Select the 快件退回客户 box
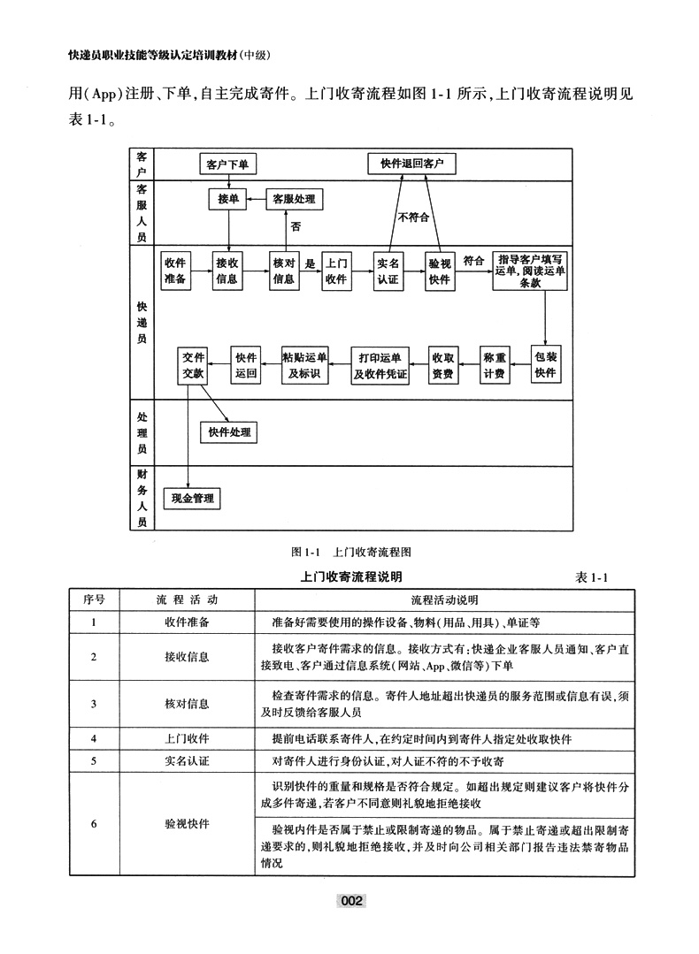tap(411, 164)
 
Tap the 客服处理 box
tap(295, 200)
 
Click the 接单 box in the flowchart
tap(228, 200)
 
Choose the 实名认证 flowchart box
tap(388, 271)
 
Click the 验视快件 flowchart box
tap(439, 271)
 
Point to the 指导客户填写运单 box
tap(530, 271)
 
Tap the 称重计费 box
tap(495, 365)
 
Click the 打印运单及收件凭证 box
tap(380, 365)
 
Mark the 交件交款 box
tap(193, 365)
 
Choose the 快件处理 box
tap(229, 432)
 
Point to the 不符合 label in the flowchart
tap(412, 218)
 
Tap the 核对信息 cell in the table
tap(187, 704)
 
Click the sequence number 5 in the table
tap(94, 759)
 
